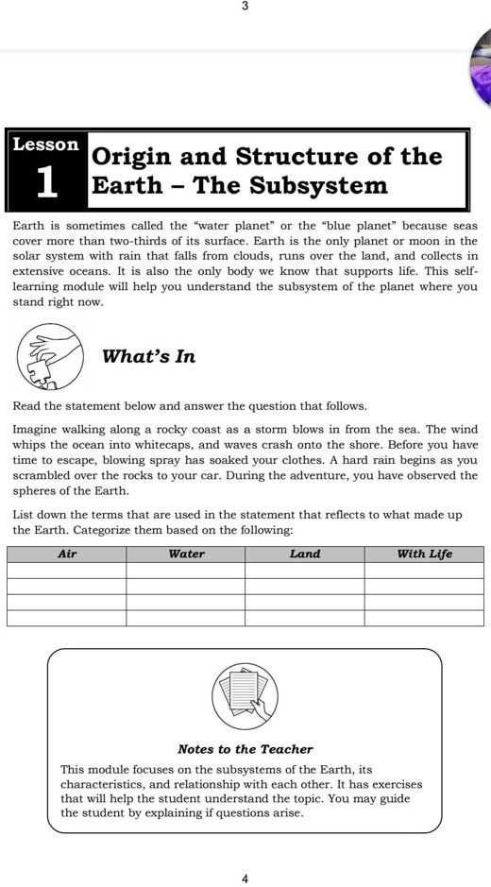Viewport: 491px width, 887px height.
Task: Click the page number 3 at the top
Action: [x=245, y=7]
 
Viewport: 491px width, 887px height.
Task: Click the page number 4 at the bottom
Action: [x=245, y=878]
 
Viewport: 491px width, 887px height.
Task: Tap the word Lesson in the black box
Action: [x=45, y=145]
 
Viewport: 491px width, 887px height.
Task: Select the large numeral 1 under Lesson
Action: [x=46, y=183]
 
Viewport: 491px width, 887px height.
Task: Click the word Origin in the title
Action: [x=131, y=156]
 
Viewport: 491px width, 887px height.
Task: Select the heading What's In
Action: [x=148, y=356]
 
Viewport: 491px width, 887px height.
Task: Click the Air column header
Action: [x=67, y=554]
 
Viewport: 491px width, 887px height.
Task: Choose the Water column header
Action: [x=186, y=554]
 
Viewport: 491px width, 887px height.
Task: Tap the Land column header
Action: [x=305, y=554]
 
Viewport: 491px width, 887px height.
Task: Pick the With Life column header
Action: [x=424, y=554]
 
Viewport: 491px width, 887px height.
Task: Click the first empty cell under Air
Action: [x=67, y=571]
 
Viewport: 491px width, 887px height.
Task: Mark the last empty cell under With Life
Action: [x=424, y=618]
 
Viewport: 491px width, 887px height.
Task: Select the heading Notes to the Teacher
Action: [x=245, y=749]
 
